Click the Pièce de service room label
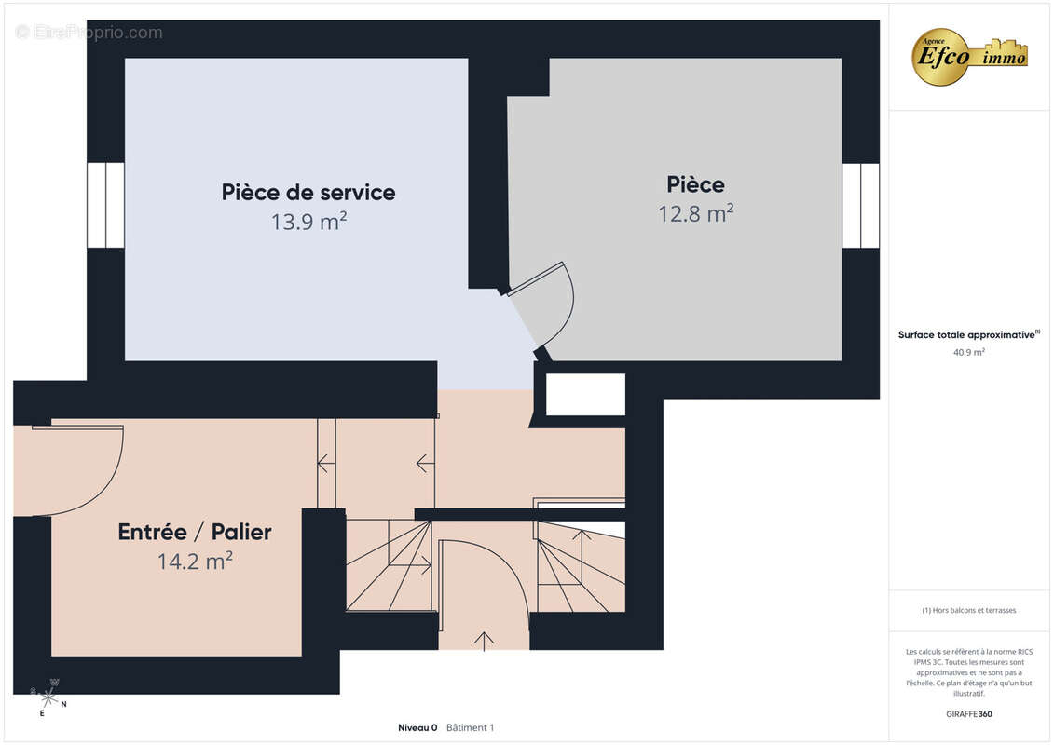308,193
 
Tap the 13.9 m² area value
308,221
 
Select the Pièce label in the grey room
696,184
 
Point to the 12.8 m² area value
696,213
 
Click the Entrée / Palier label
195,532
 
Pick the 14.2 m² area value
195,561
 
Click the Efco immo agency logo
969,57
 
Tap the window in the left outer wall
105,205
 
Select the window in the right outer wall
860,205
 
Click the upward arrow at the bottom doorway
484,641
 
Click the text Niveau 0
417,727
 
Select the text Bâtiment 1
471,727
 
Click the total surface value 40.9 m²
968,352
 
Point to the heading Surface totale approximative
966,334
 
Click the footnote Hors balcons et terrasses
968,610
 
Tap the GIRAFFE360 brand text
968,714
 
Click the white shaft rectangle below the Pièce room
585,394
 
